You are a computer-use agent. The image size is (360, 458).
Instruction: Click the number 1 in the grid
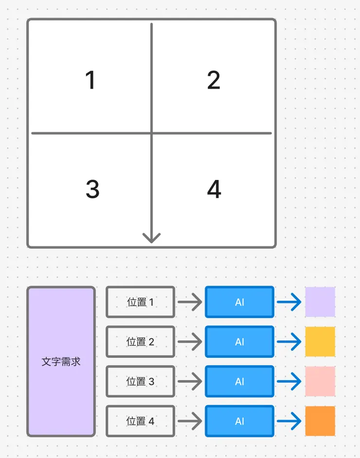point(90,80)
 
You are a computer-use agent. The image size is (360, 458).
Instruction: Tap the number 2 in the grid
point(214,80)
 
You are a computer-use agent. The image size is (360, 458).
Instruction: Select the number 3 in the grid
point(92,189)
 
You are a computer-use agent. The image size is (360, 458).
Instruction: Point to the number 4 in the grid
point(214,189)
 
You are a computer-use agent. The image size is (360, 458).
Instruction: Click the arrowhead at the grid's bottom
point(152,238)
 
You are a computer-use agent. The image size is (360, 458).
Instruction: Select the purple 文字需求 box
point(61,361)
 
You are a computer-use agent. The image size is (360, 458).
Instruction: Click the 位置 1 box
point(140,302)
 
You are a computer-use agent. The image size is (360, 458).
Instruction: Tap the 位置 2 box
point(140,342)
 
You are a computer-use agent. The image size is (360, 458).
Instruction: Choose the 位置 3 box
point(140,382)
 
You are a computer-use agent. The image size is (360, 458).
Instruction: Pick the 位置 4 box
point(140,421)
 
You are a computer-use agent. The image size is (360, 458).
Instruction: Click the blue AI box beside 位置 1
point(239,302)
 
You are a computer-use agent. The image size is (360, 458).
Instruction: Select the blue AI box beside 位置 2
point(239,342)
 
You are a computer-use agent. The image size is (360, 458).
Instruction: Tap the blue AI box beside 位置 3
point(239,382)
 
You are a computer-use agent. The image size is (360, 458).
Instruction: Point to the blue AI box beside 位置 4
point(239,421)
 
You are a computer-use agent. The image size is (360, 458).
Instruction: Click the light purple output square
point(320,302)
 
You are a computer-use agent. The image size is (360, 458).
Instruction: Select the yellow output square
point(320,342)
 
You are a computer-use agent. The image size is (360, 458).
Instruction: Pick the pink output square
point(320,382)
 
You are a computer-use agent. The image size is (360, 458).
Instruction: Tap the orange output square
point(320,421)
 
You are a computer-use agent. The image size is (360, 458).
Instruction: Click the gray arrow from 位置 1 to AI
point(190,302)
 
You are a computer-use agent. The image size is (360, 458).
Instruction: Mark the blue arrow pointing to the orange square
point(289,421)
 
